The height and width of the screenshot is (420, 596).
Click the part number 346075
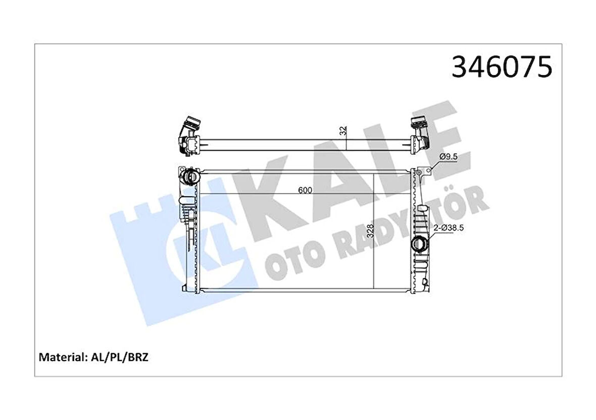(x=502, y=68)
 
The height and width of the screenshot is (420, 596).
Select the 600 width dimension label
(x=305, y=190)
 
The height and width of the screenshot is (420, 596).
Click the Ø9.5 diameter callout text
(x=449, y=157)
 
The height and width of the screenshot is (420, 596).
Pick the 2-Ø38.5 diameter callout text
(x=449, y=228)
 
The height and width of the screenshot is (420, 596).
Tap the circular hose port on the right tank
(x=420, y=245)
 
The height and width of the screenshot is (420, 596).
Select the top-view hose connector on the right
(x=418, y=131)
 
